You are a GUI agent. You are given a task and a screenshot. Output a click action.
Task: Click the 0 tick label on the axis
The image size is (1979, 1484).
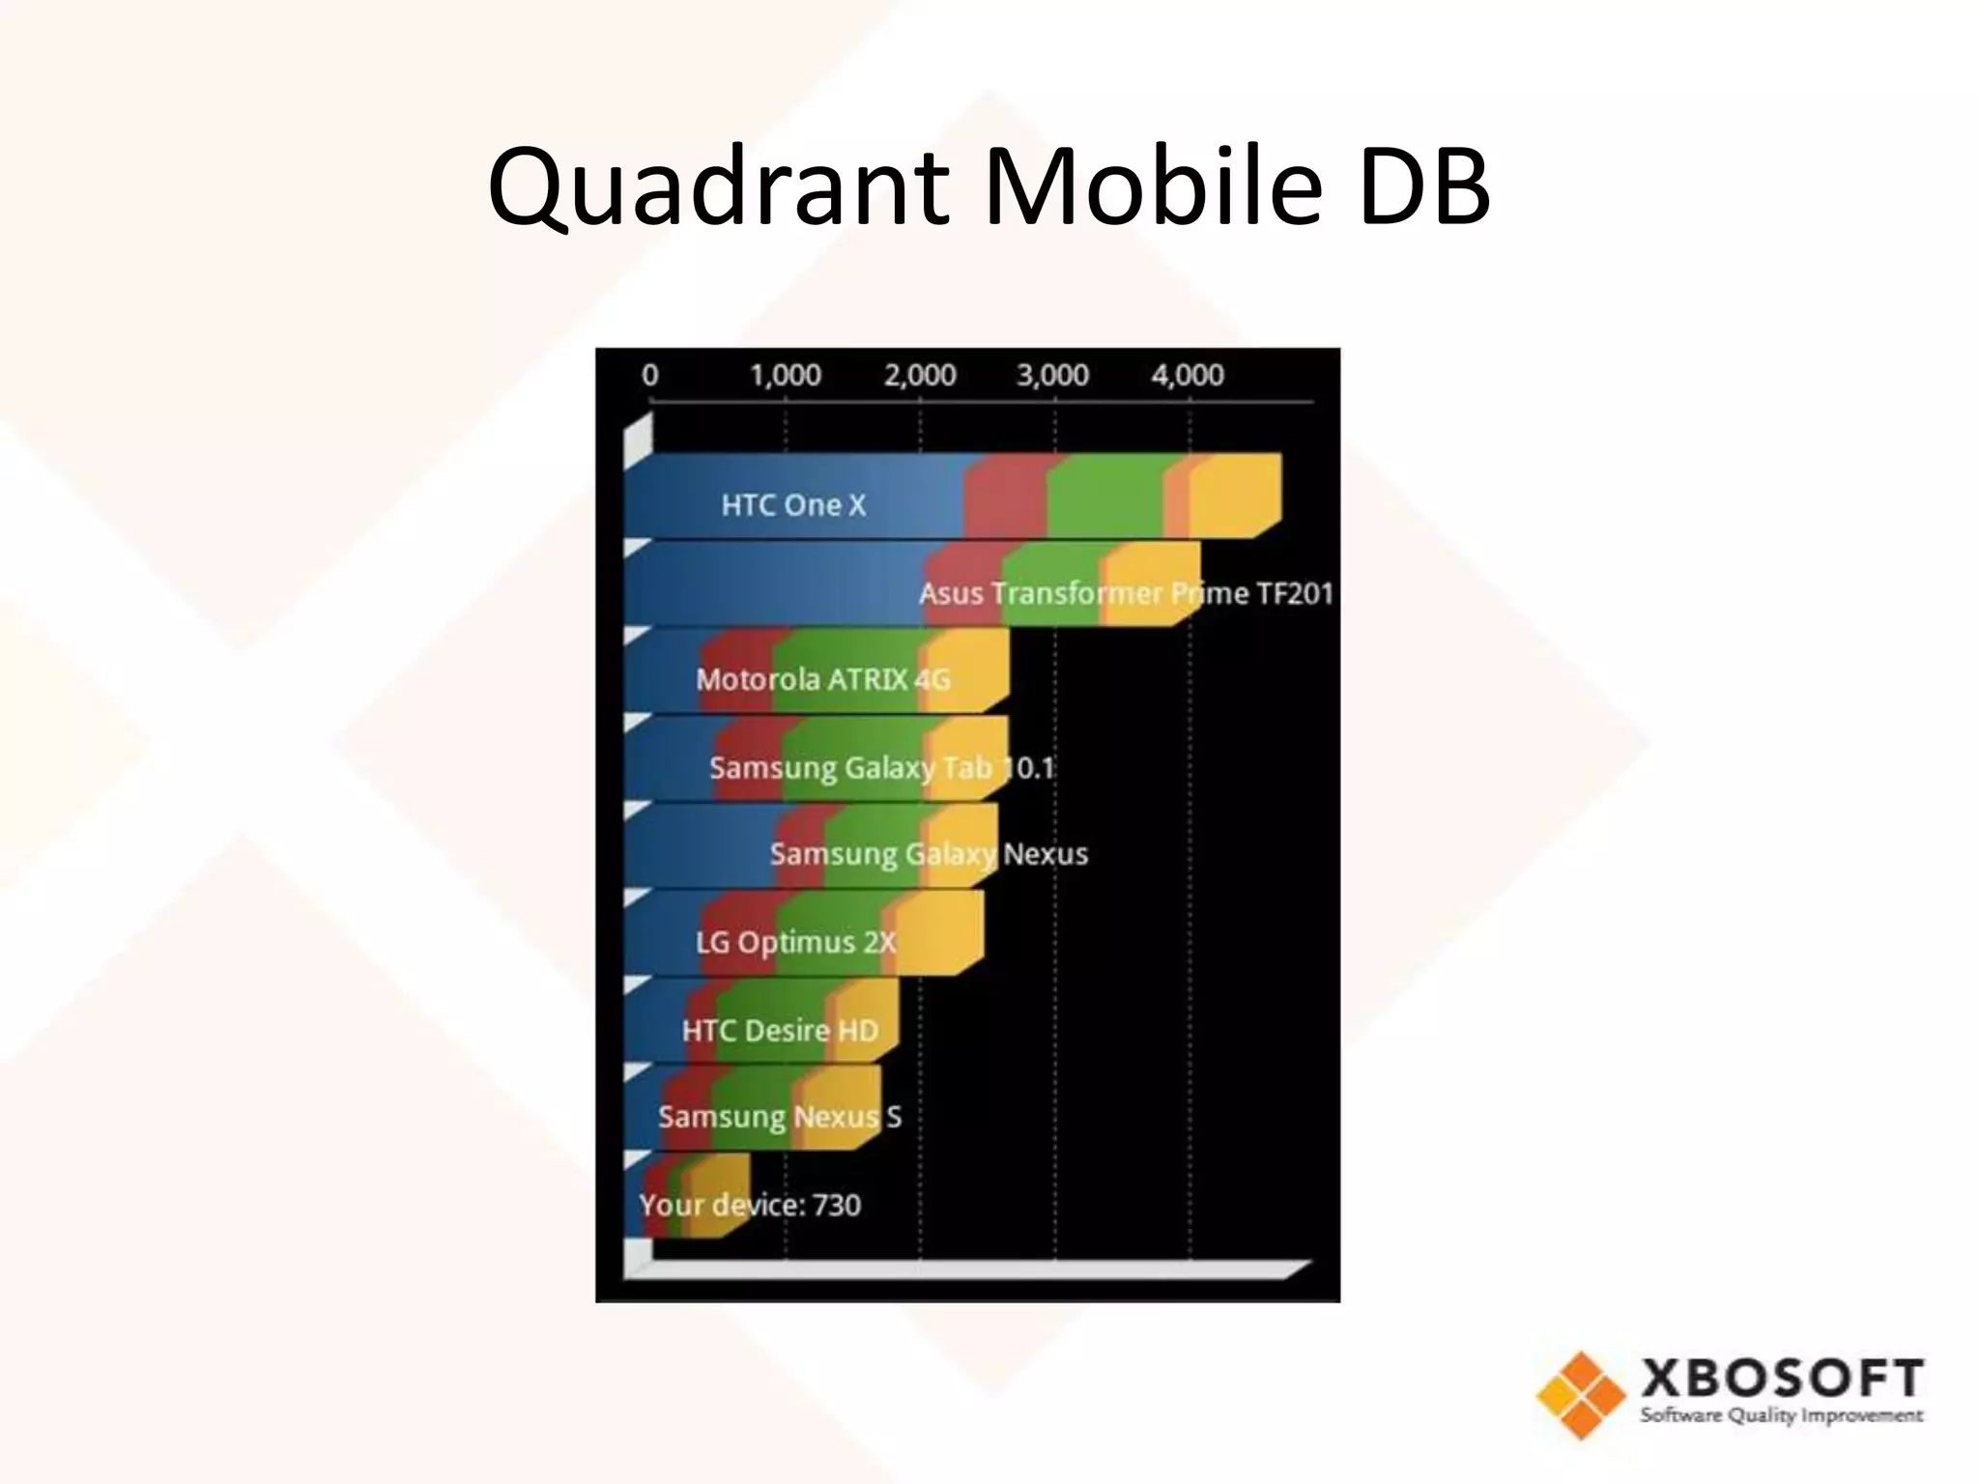tap(650, 375)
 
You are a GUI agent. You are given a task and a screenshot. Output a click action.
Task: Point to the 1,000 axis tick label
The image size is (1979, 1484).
tap(786, 375)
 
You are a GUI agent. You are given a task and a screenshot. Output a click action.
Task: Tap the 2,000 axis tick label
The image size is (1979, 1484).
tap(920, 375)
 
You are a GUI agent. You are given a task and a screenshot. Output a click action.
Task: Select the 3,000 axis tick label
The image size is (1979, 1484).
tap(1053, 375)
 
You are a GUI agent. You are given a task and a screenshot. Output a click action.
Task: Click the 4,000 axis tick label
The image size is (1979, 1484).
tap(1188, 375)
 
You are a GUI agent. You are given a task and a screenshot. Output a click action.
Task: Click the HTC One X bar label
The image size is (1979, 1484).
tap(793, 504)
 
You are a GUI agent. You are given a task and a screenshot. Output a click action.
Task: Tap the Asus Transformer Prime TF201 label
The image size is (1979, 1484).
tap(1126, 592)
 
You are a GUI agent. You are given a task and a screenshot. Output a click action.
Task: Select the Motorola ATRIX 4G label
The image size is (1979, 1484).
tap(823, 679)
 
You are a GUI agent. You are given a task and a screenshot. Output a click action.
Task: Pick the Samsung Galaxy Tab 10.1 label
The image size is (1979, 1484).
tap(881, 767)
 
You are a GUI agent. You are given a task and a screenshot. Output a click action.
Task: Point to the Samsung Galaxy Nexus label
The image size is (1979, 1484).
tap(929, 853)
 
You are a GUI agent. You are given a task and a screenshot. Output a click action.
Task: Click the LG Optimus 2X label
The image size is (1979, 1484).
tap(796, 941)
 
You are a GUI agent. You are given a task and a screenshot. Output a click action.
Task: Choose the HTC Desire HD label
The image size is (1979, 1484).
tap(780, 1030)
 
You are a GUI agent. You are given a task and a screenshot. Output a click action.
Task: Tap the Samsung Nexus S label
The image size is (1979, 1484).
tap(780, 1116)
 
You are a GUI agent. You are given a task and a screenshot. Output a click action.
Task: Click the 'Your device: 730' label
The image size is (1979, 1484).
tap(750, 1205)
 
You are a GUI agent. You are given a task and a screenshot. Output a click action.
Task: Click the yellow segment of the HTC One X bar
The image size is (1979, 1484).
tap(1234, 495)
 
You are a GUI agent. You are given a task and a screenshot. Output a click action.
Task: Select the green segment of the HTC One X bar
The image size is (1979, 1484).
tap(1105, 495)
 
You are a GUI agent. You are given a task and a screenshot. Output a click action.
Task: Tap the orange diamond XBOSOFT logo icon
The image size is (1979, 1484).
tap(1580, 1394)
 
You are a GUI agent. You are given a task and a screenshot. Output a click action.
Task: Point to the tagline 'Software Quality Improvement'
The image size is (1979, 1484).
tap(1781, 1415)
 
